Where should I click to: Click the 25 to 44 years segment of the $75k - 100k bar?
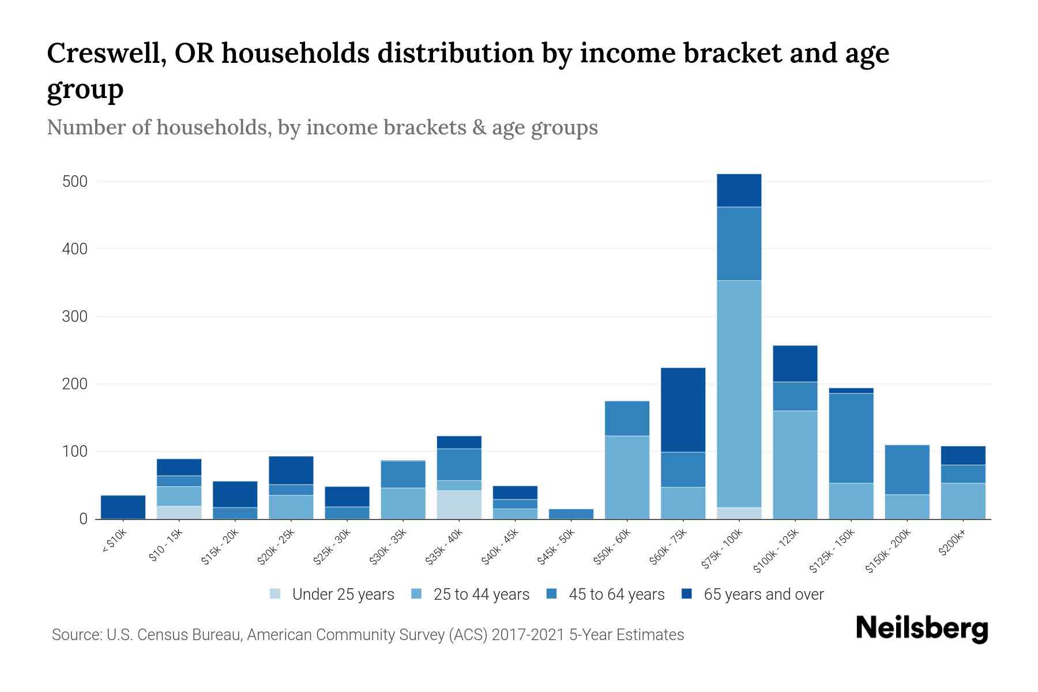click(739, 393)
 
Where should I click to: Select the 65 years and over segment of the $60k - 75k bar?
click(683, 409)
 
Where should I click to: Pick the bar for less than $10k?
click(123, 507)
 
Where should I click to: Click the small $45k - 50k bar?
click(571, 514)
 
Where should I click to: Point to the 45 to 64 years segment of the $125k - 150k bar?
click(851, 438)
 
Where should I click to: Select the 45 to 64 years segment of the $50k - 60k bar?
click(627, 418)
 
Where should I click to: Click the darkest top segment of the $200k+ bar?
click(962, 455)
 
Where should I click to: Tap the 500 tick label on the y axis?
click(74, 182)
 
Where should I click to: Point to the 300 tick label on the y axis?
click(74, 317)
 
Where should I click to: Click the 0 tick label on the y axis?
click(83, 519)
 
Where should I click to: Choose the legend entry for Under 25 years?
click(343, 595)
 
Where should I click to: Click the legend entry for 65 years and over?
click(763, 595)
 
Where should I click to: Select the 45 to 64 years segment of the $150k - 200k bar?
click(907, 469)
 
